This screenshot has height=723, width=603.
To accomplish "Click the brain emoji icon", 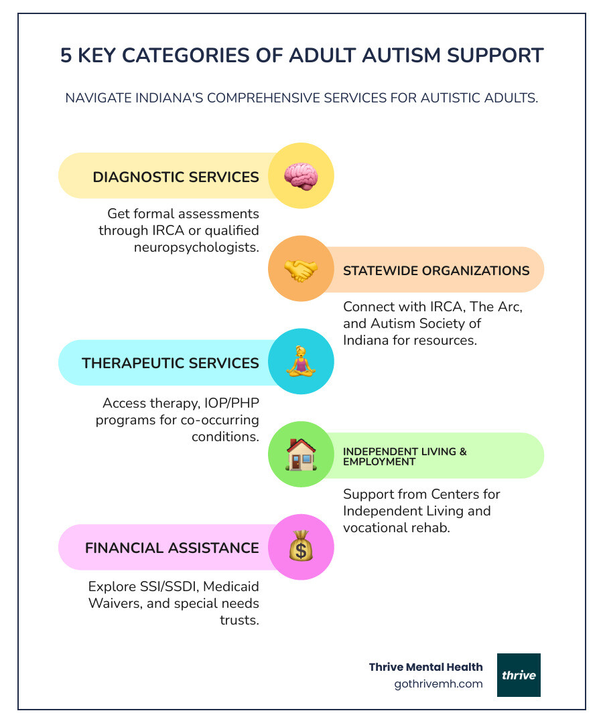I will tap(300, 176).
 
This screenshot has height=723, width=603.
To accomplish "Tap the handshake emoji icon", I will tap(301, 270).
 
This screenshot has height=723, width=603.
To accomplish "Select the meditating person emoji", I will tap(301, 362).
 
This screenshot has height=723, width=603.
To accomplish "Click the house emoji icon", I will tap(301, 455).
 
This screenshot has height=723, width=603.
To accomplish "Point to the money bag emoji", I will tap(301, 548).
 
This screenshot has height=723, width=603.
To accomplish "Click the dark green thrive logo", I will tap(519, 675).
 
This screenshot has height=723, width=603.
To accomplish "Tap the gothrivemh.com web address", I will tap(439, 684).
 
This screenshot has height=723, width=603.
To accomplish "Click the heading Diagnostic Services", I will tap(176, 177).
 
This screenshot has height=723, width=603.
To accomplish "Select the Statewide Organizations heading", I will tap(436, 270).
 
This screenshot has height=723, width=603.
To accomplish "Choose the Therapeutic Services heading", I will tap(170, 363).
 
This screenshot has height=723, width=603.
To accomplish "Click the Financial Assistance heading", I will tap(172, 548).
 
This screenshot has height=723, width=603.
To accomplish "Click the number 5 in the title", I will tap(66, 56).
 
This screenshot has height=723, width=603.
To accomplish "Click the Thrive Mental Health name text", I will tap(425, 667).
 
